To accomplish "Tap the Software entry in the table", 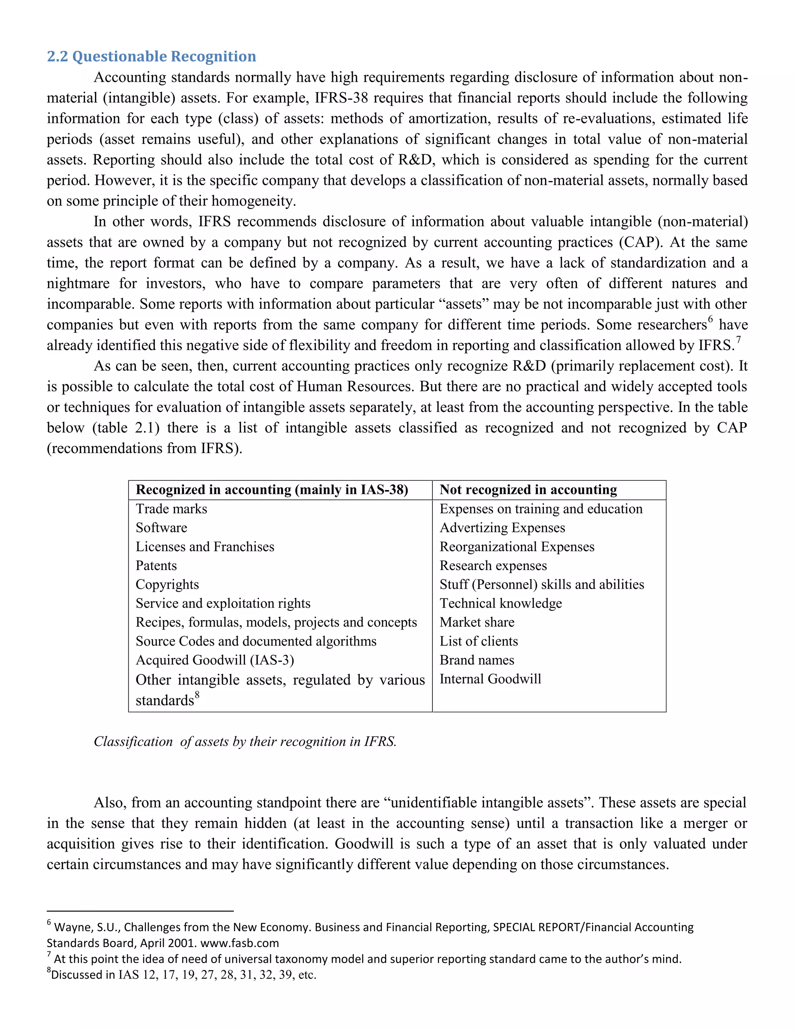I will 161,528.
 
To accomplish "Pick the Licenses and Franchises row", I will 205,547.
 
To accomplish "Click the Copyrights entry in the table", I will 167,584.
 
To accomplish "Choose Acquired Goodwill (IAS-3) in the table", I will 215,660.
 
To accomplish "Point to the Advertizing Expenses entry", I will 502,528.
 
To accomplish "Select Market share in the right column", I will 477,622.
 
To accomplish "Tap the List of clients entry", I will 479,641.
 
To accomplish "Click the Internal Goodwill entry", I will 490,679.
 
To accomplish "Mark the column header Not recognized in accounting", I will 528,490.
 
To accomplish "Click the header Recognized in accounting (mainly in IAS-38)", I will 272,490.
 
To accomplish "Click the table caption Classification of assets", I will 245,742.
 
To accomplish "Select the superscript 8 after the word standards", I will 197,695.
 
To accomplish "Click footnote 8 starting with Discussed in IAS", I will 181,975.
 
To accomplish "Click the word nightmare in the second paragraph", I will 78,283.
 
